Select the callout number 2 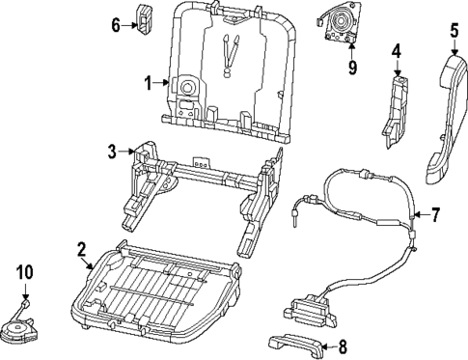[82, 251]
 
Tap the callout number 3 [112, 151]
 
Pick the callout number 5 [454, 31]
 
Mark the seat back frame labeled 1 [232, 68]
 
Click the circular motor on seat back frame [182, 88]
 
